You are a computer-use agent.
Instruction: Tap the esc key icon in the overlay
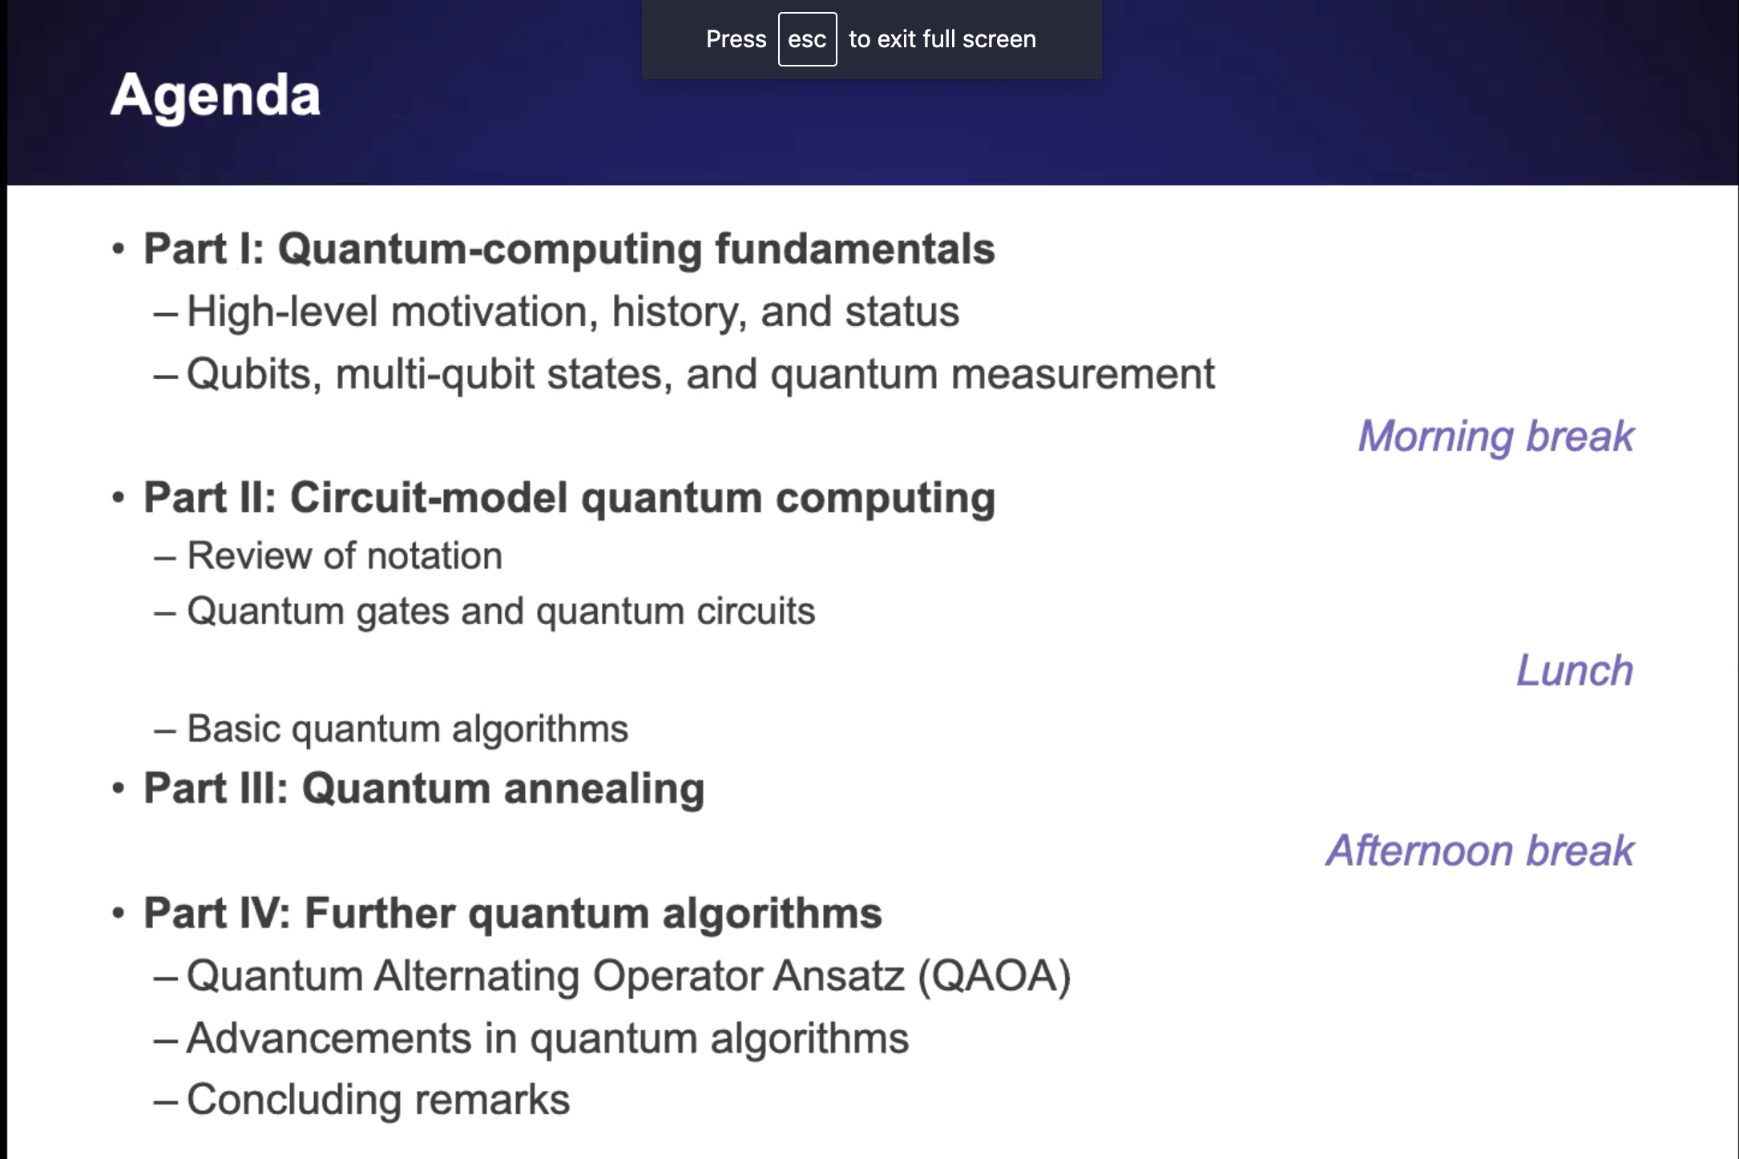[x=807, y=39]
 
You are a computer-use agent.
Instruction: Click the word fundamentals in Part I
[x=855, y=248]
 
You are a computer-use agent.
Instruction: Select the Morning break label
[x=1496, y=437]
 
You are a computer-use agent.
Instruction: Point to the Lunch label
[x=1575, y=670]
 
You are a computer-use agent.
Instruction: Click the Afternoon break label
[x=1480, y=850]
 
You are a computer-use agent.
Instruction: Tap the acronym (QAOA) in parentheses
[x=995, y=976]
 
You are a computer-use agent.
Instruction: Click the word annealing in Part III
[x=604, y=790]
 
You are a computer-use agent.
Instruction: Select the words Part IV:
[x=217, y=913]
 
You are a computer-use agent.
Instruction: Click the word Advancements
[x=329, y=1038]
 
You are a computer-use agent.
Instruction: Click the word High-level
[x=282, y=312]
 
